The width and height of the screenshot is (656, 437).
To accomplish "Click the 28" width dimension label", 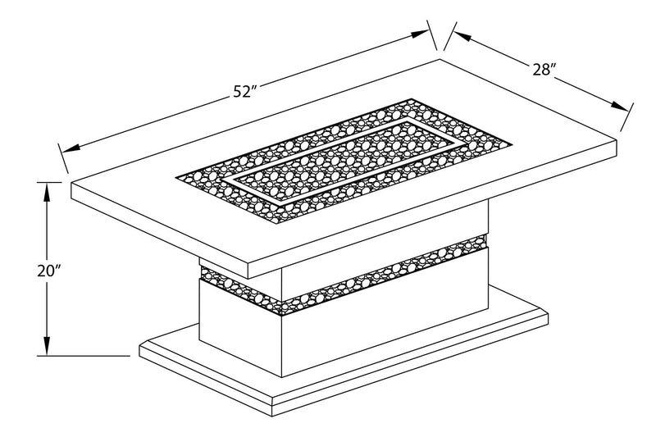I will pos(544,70).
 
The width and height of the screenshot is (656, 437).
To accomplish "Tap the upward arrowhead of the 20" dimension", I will pos(48,190).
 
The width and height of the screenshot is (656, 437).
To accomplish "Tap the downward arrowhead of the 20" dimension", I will pos(48,348).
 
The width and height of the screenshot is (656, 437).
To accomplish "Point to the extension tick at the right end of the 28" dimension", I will pos(627,117).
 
